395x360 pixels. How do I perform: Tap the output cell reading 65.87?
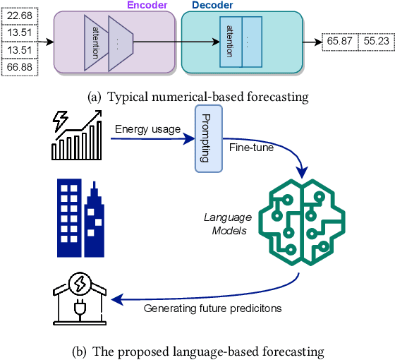pos(339,42)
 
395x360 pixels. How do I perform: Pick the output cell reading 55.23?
pos(376,42)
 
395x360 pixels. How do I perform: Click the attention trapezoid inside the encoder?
pos(96,42)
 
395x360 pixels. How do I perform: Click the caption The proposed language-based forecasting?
pos(197,349)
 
